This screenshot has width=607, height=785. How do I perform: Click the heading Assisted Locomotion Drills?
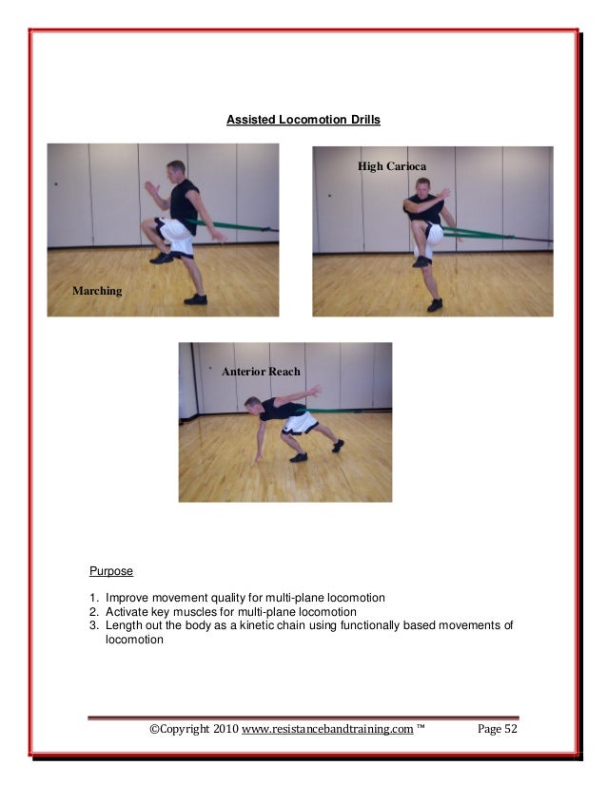coord(303,121)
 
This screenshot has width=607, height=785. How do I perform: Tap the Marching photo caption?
coord(97,291)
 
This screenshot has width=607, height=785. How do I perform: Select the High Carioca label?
coord(385,166)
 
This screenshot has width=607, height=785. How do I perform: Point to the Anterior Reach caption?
coord(261,372)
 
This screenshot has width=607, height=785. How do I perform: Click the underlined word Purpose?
coord(111,571)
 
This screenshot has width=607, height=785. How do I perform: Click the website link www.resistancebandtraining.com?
coord(327,729)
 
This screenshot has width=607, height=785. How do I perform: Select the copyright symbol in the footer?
coord(155,729)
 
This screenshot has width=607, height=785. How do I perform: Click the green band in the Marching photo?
coord(238,226)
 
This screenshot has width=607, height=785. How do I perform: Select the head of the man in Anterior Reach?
coord(252,405)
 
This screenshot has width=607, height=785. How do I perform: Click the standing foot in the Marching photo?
coord(195,298)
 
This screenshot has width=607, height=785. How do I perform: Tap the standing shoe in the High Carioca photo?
coord(435,305)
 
